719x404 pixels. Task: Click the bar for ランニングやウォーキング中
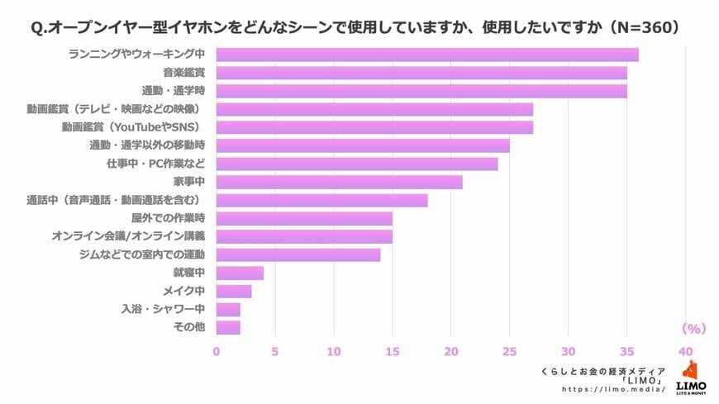(426, 55)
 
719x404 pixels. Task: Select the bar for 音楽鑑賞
(421, 73)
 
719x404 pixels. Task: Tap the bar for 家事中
(339, 182)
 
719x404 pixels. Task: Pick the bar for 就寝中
(240, 273)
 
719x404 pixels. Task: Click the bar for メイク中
(234, 291)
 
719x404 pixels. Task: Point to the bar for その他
(228, 327)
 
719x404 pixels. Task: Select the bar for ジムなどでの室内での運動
(298, 254)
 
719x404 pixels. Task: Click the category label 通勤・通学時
(174, 91)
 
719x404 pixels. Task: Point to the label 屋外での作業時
(168, 218)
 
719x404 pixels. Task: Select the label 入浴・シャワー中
(163, 309)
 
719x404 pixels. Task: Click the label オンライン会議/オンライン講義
(128, 236)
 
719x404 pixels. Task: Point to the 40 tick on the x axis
(685, 351)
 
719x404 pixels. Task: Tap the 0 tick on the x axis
(217, 351)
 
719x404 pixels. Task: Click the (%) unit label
(693, 329)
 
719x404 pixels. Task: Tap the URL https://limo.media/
(613, 388)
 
